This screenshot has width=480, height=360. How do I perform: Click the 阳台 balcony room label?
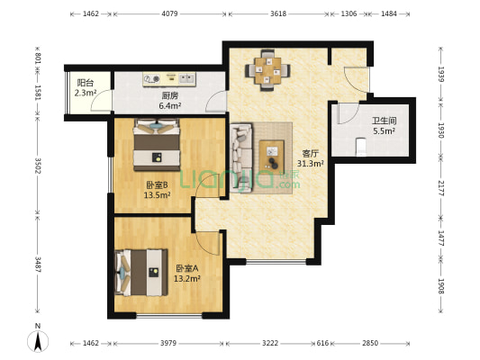[85, 82]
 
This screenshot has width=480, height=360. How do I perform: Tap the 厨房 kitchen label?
[169, 95]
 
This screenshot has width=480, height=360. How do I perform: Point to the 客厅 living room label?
[311, 153]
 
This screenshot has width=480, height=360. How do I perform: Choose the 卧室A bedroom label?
[186, 268]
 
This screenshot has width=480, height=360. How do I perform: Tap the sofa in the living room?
[240, 155]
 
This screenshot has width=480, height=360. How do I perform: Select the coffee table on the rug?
[270, 155]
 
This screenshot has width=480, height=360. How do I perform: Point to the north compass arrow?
[38, 339]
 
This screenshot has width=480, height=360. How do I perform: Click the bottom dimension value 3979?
[168, 343]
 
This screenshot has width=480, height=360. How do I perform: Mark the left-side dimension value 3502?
[37, 166]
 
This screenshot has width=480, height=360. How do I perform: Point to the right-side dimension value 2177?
[441, 190]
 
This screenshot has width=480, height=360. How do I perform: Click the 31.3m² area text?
[311, 164]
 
